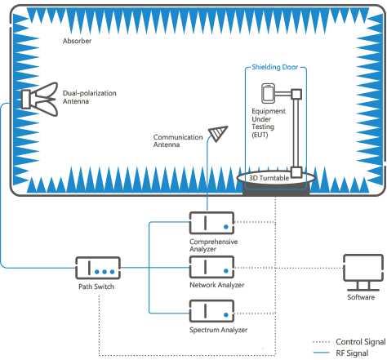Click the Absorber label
click(77, 41)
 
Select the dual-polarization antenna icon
click(40, 99)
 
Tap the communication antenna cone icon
click(218, 133)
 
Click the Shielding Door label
click(274, 67)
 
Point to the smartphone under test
click(268, 93)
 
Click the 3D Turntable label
click(269, 178)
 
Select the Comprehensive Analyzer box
click(211, 223)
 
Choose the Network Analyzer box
click(211, 267)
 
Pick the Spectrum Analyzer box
click(211, 311)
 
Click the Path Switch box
click(98, 268)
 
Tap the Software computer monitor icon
click(363, 272)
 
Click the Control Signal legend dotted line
click(322, 342)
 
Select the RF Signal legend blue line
click(322, 353)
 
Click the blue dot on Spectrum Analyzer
click(226, 315)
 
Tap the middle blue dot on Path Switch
click(105, 272)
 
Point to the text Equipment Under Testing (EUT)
click(269, 122)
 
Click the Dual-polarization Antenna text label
click(90, 97)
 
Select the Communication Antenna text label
click(178, 140)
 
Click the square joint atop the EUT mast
click(296, 95)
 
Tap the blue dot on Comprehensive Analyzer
click(226, 227)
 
